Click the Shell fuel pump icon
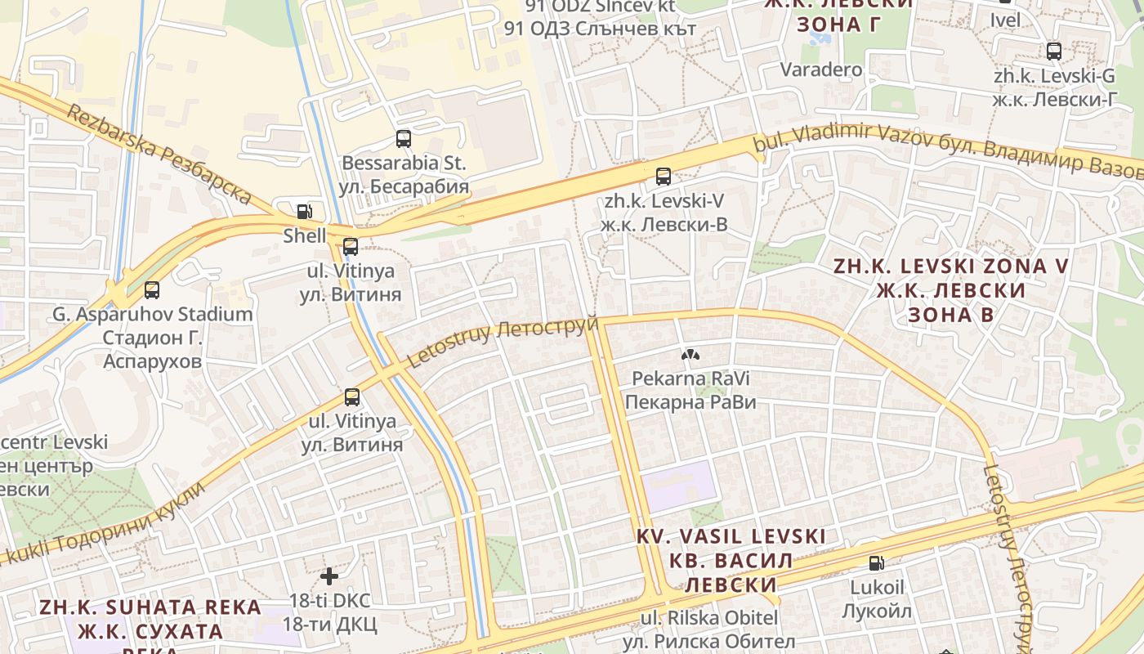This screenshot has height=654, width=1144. (x=304, y=212)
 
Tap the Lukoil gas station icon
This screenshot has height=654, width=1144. (x=876, y=562)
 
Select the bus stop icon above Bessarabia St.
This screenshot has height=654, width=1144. (x=404, y=138)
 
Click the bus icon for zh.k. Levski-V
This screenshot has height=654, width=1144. (x=664, y=176)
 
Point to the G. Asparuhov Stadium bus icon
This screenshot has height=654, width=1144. (x=152, y=289)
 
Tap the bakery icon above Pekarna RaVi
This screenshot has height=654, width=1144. (x=690, y=355)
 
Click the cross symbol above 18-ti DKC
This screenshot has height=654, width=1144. (x=329, y=576)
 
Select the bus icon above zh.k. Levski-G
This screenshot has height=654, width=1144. (x=1054, y=52)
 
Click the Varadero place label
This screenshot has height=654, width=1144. (x=821, y=69)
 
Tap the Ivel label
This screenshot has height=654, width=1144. (x=1005, y=20)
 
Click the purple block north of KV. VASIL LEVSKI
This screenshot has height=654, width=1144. (x=678, y=483)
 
